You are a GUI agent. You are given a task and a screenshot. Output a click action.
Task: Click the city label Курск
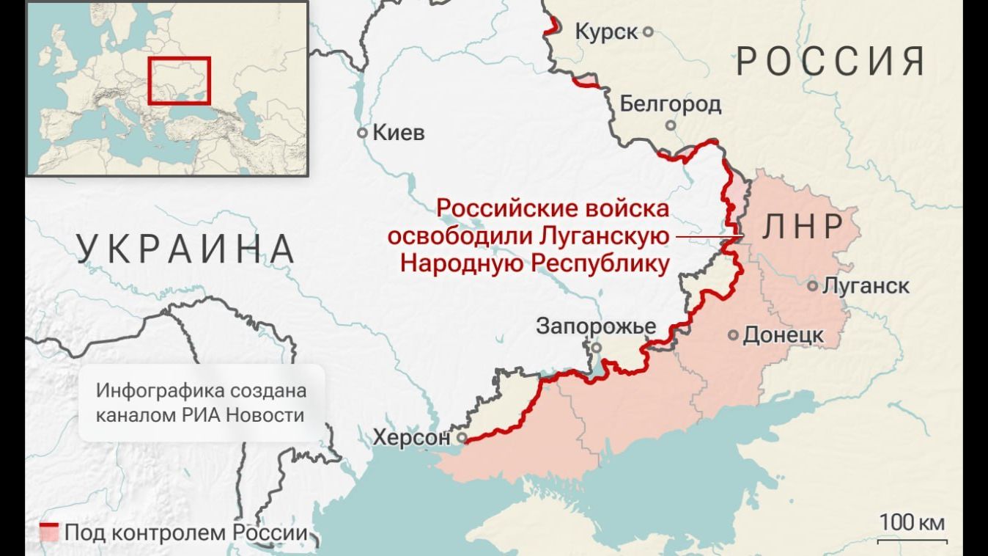606,32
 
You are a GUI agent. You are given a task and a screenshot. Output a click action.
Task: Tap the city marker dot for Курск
648,32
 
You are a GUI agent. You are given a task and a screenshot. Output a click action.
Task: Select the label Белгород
670,104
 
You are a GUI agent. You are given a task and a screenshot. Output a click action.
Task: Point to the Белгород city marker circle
671,125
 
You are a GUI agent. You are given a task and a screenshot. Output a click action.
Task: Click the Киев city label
398,133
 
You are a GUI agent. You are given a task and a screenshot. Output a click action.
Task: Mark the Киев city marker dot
362,133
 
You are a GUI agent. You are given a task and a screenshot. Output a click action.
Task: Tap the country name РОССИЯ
830,61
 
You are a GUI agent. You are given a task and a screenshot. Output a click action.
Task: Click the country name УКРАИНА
187,249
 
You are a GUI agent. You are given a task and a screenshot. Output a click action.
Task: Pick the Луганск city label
866,286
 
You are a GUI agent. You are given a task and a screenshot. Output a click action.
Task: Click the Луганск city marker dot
812,286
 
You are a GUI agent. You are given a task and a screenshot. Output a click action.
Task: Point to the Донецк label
784,335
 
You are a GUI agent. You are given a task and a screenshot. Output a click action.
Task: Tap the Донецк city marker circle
733,335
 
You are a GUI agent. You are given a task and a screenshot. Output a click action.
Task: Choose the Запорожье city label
596,326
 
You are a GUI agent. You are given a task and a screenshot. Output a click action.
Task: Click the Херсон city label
411,438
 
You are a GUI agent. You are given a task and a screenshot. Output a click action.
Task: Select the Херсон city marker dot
462,438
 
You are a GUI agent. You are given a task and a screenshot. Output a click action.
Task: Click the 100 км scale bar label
912,522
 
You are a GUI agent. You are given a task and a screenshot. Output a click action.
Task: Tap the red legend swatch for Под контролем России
49,533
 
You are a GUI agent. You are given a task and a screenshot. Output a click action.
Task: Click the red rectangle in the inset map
180,81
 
